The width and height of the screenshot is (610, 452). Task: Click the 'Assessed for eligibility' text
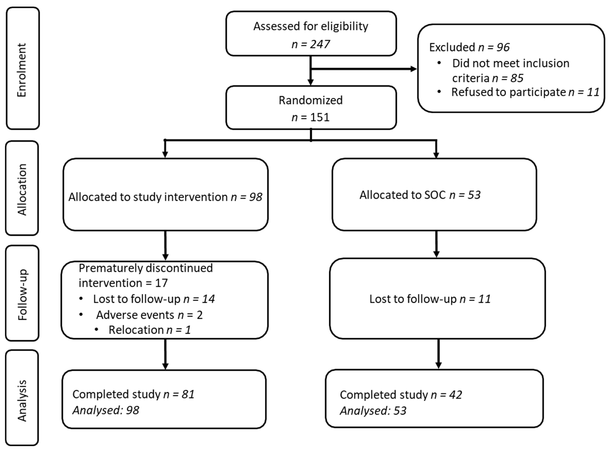click(x=311, y=26)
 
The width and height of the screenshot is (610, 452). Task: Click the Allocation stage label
click(x=22, y=189)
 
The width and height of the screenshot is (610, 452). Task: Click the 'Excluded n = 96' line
click(x=469, y=47)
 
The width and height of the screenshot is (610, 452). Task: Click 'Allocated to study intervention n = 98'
click(x=165, y=197)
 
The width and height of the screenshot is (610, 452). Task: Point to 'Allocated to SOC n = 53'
click(x=420, y=195)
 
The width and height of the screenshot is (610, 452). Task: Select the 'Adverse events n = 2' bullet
click(x=149, y=315)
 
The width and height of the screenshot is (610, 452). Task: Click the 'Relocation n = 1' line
click(x=150, y=330)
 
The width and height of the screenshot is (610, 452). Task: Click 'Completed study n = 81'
click(x=133, y=394)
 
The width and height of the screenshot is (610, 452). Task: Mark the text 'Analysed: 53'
click(x=373, y=411)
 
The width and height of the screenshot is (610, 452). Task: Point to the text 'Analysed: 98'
click(x=106, y=410)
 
